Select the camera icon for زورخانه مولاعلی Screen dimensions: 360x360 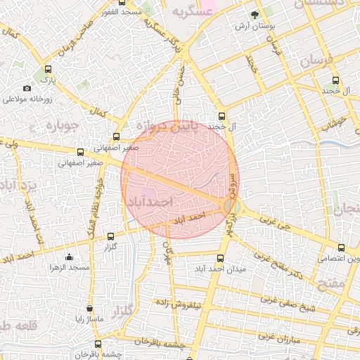[x=27, y=88]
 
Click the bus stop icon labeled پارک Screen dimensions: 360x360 [x=48, y=70]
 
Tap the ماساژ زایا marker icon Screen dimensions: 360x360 [x=89, y=309]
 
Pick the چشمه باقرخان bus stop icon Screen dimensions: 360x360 [x=98, y=345]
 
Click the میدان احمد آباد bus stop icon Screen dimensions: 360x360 [x=221, y=258]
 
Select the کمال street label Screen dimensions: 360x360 [x=98, y=112]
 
